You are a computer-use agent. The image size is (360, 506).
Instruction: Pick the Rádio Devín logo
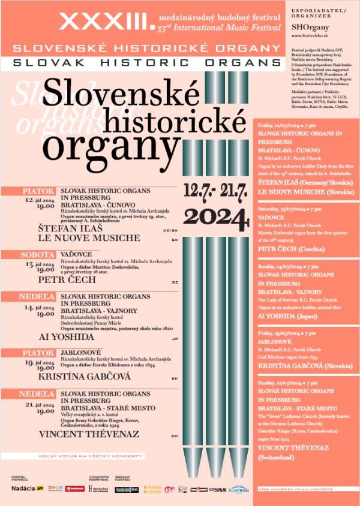click(152, 489)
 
